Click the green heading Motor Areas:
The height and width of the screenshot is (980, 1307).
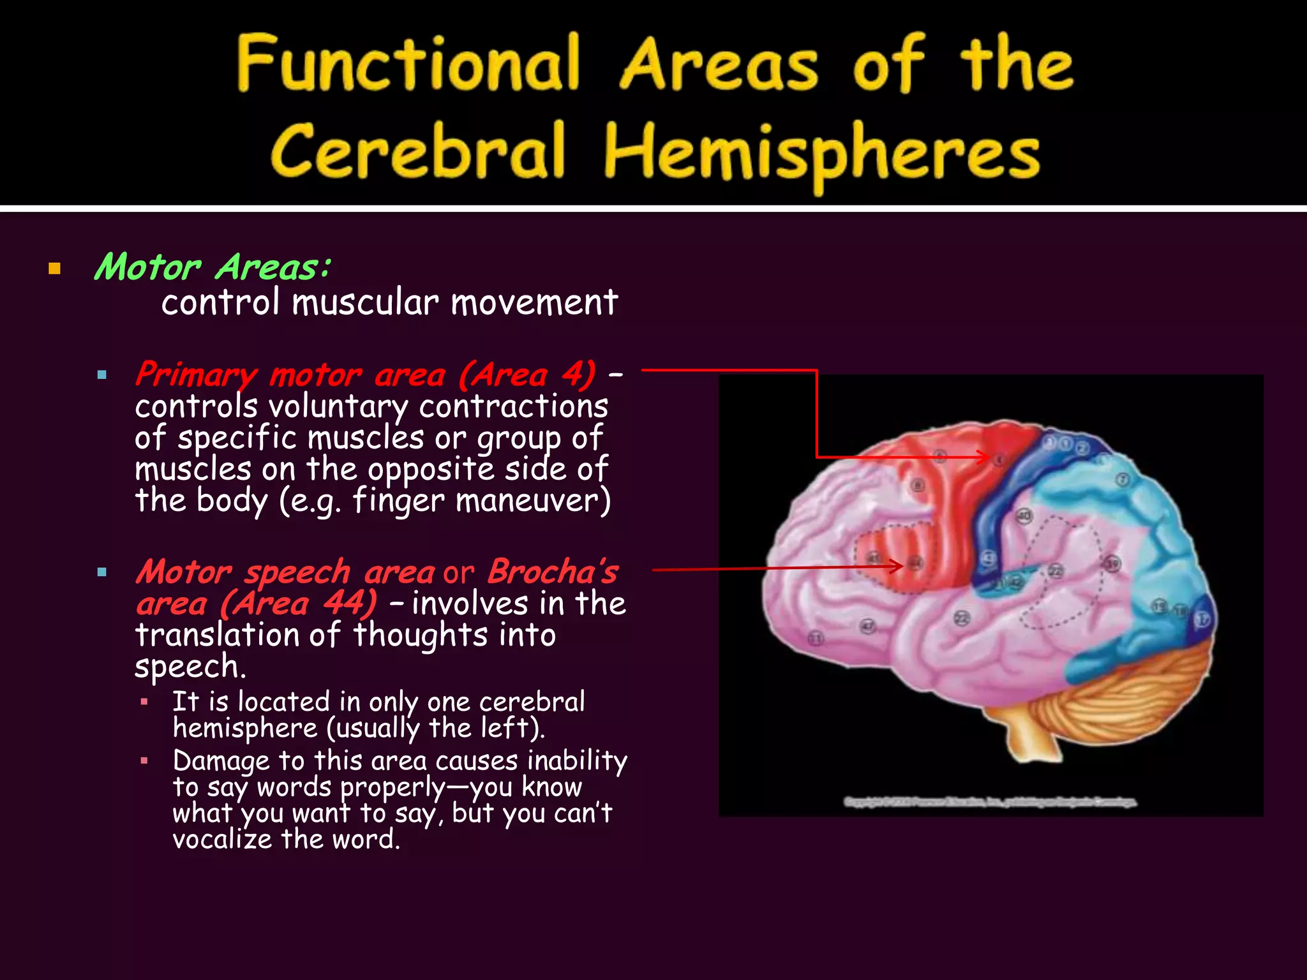tap(213, 267)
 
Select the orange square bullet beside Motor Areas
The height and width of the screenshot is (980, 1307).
tap(54, 269)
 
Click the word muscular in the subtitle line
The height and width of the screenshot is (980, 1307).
tap(365, 302)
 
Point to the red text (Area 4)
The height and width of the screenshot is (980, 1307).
tap(527, 375)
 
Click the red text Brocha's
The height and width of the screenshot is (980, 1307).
tap(553, 572)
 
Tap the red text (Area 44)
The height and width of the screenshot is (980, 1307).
tap(299, 604)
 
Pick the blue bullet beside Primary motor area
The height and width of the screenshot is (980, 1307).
tap(102, 376)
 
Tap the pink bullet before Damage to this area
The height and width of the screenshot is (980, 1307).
tap(145, 761)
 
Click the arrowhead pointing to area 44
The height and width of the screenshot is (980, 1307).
tap(899, 566)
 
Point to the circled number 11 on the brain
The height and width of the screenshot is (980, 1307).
tap(816, 638)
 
